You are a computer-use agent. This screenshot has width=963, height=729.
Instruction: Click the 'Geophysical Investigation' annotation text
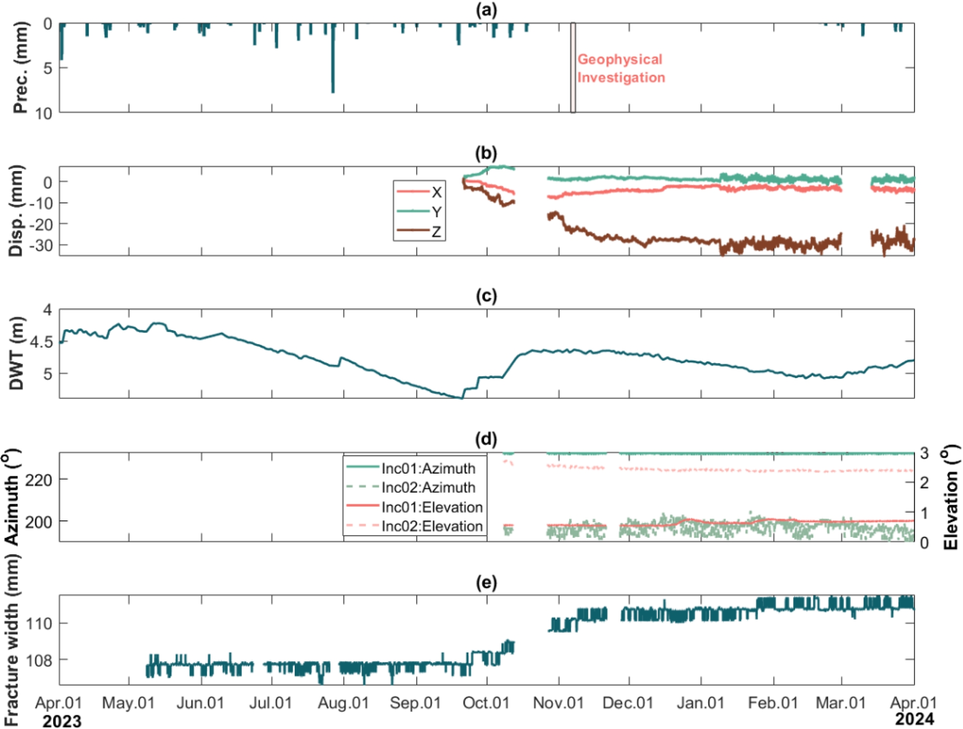[621, 68]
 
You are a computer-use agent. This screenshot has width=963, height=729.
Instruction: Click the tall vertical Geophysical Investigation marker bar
[573, 67]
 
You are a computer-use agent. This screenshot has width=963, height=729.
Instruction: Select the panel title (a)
[486, 10]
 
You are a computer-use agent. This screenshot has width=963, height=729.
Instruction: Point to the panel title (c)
[486, 296]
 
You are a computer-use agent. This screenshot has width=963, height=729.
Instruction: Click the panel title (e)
[486, 582]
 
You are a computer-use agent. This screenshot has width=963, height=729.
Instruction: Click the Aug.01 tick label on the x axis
[344, 703]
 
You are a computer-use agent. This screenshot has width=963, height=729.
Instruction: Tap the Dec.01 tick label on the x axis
[628, 703]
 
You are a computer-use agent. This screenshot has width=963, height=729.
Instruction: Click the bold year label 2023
[62, 721]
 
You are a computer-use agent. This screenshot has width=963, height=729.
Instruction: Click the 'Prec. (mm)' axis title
[20, 68]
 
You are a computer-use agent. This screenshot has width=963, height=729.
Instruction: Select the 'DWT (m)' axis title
[17, 353]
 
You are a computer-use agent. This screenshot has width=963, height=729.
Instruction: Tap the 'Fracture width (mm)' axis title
[11, 640]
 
